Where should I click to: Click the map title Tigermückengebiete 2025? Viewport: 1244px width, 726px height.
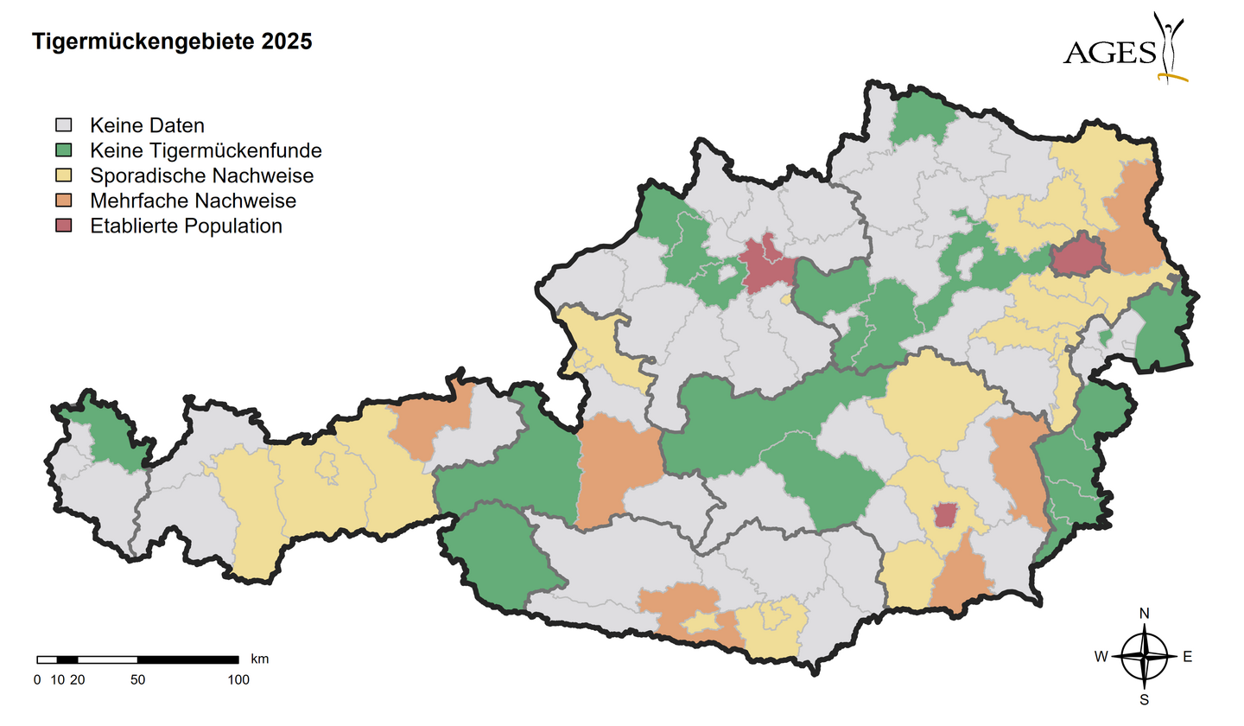[172, 41]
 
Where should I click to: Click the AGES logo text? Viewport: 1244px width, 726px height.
[1109, 53]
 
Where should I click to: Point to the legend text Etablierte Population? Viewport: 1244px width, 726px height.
[186, 226]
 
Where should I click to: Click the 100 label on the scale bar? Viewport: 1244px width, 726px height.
[238, 680]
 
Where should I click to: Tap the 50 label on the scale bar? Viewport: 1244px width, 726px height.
[137, 680]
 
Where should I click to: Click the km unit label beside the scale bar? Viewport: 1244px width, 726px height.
[259, 659]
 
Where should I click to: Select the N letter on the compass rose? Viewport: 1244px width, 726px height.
[1145, 614]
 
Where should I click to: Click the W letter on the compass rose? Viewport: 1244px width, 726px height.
[1101, 657]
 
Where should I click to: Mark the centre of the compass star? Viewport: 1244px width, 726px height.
[1145, 657]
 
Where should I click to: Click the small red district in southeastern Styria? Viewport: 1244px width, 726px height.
[946, 515]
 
